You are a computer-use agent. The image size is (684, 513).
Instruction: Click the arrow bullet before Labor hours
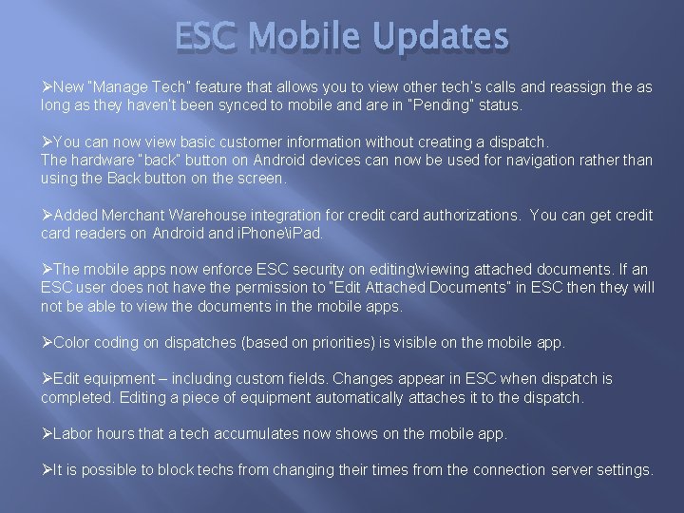pos(47,433)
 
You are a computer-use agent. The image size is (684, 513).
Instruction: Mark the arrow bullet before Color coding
pos(47,342)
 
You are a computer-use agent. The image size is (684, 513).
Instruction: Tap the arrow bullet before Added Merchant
pos(47,215)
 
